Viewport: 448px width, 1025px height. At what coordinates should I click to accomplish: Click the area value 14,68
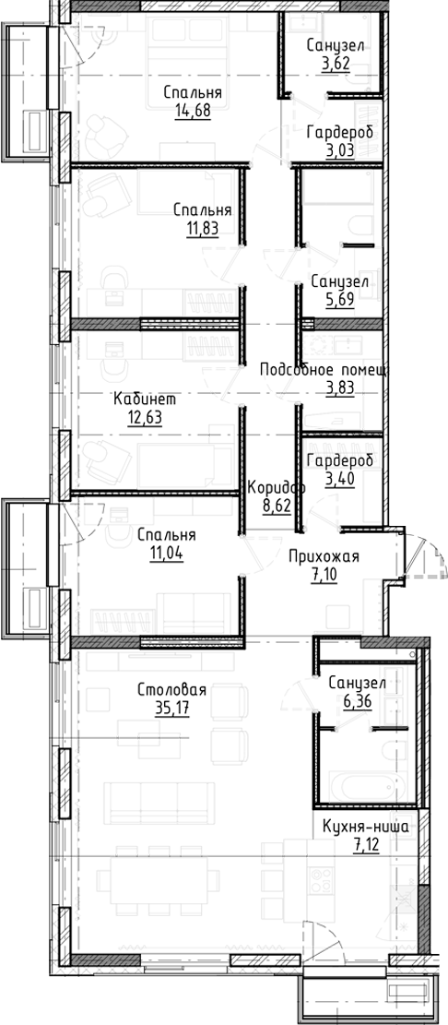[193, 112]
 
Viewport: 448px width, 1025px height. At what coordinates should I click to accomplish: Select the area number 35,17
[171, 709]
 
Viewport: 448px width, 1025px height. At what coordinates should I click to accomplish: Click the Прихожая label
[324, 556]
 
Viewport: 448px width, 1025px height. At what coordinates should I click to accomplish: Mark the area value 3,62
[336, 65]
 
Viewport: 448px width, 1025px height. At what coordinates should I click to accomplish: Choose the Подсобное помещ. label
[323, 369]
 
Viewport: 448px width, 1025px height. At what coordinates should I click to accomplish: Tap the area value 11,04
[166, 554]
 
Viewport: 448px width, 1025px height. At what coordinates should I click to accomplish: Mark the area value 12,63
[144, 419]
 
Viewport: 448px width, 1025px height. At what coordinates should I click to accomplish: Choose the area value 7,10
[324, 575]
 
